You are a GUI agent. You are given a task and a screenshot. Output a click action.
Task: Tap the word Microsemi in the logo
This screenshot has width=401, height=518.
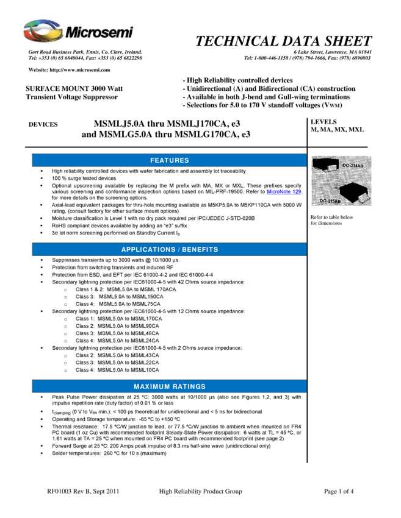95,32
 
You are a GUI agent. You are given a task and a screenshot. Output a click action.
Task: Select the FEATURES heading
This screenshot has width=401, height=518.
169,160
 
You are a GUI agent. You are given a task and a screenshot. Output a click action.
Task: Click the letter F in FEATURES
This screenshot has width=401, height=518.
152,160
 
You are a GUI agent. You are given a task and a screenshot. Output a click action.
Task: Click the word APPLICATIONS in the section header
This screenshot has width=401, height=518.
148,250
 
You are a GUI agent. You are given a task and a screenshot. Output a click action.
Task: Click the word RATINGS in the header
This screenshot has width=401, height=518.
189,387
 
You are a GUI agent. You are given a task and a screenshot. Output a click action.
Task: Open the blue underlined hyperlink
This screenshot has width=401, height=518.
284,192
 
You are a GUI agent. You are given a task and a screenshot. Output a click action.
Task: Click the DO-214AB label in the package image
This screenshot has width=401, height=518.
352,166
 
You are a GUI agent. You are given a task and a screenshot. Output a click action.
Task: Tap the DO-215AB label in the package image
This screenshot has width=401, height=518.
330,200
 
